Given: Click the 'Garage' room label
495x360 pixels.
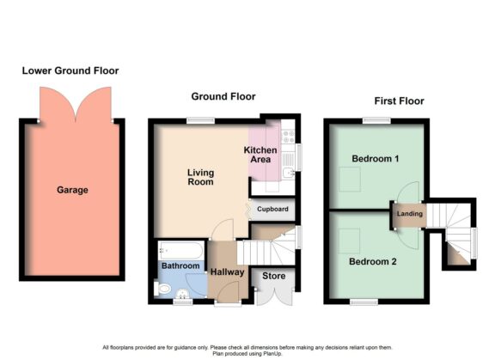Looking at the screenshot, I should (72, 190).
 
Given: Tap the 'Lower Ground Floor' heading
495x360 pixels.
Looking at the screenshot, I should (70, 70).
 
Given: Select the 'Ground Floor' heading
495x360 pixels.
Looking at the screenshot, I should (223, 96).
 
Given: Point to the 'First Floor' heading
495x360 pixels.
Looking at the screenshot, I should (399, 101).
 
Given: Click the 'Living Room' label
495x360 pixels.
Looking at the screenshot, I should (200, 177).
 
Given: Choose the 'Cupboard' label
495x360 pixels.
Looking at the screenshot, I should (272, 209).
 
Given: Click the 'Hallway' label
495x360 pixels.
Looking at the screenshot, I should (228, 272).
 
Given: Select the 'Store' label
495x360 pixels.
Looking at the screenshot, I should (273, 277).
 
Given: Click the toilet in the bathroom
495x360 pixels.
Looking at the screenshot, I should (164, 290).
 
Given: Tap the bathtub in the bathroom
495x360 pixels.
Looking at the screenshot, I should (182, 252).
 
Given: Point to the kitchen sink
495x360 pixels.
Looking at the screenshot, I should (290, 173).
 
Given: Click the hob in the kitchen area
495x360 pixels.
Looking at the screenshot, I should (288, 134).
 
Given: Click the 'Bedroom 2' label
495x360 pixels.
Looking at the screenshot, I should (372, 262).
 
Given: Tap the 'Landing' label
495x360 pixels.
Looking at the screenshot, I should (407, 214).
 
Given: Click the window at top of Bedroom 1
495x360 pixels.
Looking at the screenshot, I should (372, 120).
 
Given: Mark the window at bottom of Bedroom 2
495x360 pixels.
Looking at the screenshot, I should (364, 302).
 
